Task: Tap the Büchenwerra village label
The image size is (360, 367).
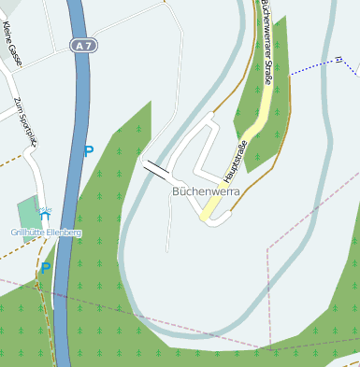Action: tap(206, 191)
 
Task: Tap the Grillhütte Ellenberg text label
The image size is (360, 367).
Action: tap(46, 232)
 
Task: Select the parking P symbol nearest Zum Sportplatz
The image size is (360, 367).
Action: tap(89, 150)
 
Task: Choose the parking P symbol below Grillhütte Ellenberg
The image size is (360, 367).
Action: tap(45, 268)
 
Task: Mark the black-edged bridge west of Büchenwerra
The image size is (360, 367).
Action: tap(156, 169)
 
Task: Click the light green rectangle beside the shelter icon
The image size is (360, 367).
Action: tap(28, 219)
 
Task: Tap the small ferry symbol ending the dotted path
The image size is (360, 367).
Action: tap(338, 60)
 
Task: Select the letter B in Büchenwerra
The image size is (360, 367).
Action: tap(176, 191)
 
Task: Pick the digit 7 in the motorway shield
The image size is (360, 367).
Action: tap(89, 45)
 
